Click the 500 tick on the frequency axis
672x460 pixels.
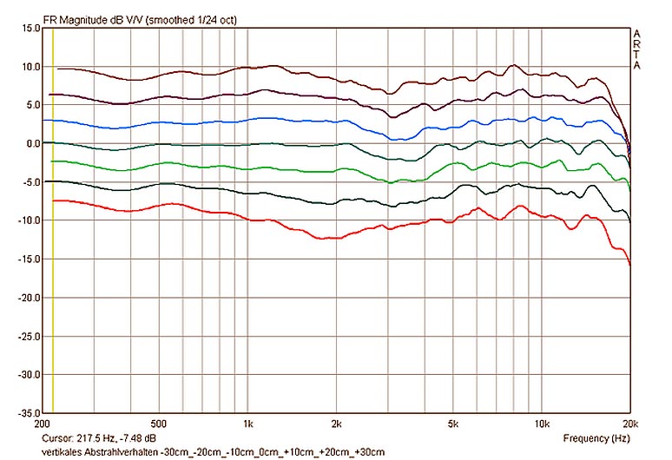[157, 425]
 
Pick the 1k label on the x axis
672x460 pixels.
[247, 425]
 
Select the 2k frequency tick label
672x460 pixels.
[336, 425]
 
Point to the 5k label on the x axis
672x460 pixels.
[453, 425]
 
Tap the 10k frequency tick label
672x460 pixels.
[542, 425]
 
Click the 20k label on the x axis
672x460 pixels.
[629, 425]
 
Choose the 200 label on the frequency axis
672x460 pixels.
[41, 425]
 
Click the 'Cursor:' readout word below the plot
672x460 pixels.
[56, 439]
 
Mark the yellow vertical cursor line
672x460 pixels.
[53, 260]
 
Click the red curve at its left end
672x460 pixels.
[55, 200]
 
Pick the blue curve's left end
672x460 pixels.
[55, 121]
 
